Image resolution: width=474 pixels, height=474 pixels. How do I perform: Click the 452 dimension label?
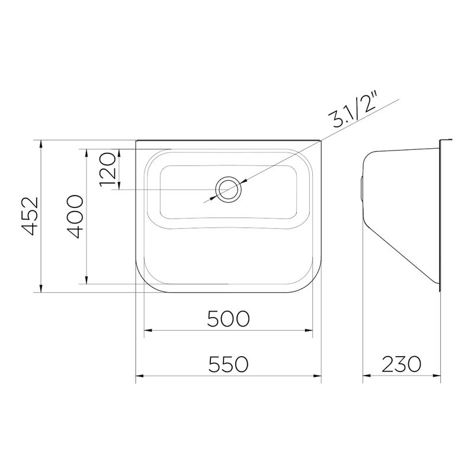31,216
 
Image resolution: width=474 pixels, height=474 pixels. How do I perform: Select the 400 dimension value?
75,216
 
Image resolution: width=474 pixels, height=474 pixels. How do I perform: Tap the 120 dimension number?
108,169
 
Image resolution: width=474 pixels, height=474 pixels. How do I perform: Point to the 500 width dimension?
228,319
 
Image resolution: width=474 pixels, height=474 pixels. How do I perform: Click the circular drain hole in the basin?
228,190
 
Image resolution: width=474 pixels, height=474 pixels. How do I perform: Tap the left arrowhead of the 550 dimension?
139,376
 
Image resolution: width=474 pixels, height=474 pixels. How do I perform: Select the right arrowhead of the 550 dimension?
317,376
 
